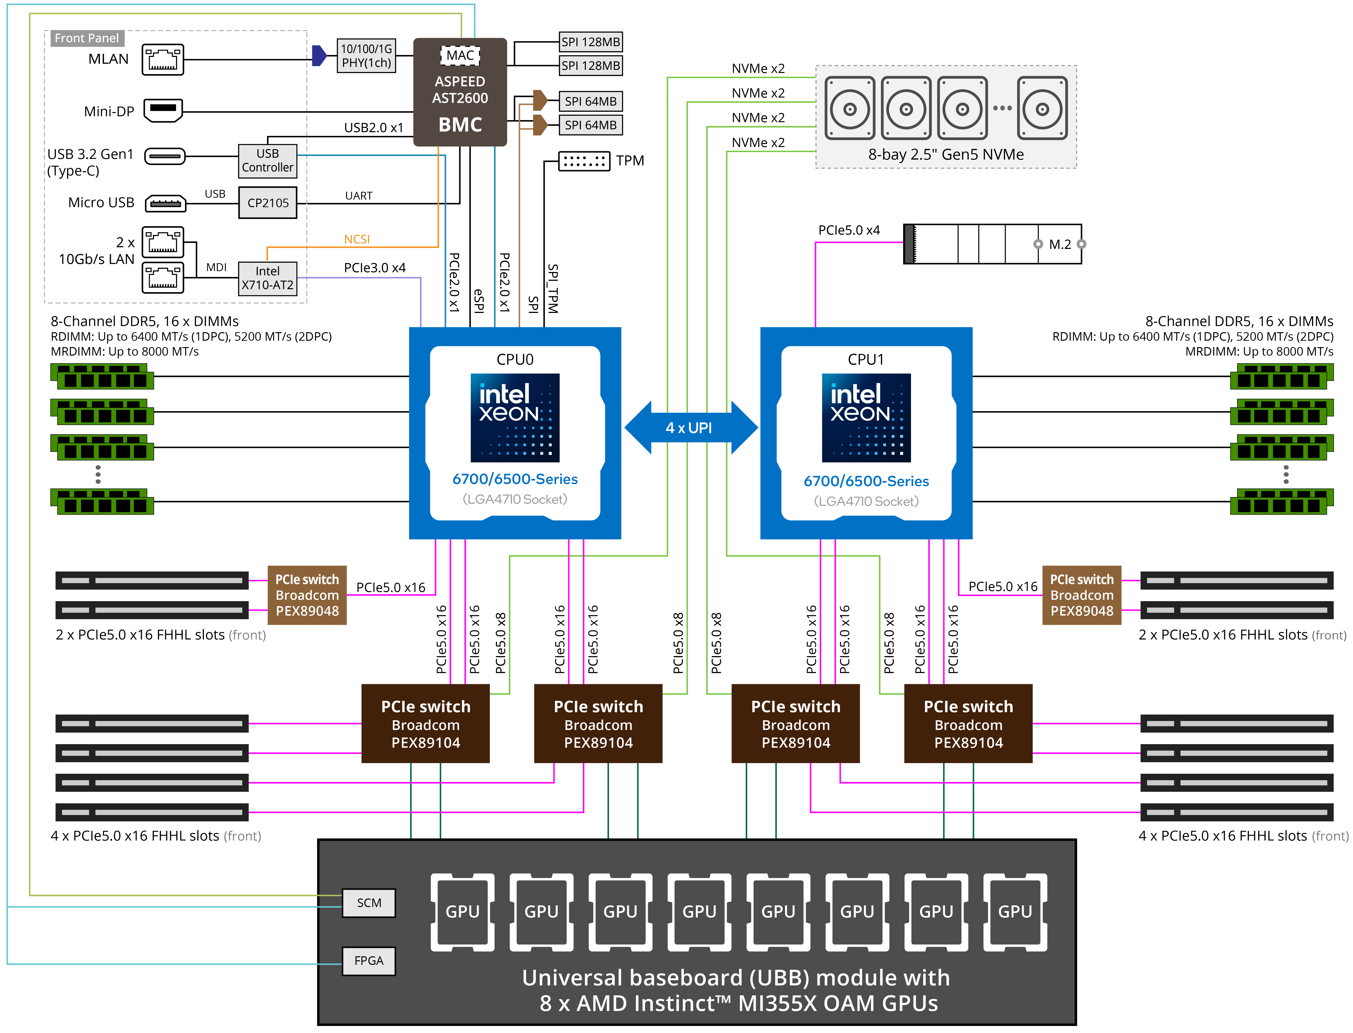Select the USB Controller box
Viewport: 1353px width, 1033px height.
point(267,161)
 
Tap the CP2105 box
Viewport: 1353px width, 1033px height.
point(267,203)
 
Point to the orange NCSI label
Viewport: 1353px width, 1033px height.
point(357,239)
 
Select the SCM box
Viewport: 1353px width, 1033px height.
point(369,903)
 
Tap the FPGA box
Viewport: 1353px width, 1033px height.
point(369,961)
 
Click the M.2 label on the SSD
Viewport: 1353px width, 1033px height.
point(1060,244)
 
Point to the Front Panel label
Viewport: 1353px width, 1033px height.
point(87,38)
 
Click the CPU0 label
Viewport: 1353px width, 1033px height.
point(515,360)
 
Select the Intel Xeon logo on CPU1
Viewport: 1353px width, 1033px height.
point(866,418)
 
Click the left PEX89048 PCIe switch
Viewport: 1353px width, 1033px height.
point(307,595)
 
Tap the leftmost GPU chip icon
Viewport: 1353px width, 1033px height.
point(462,911)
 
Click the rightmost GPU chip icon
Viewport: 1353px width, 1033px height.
point(1015,911)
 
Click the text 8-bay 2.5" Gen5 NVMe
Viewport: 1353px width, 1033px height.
point(946,154)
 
